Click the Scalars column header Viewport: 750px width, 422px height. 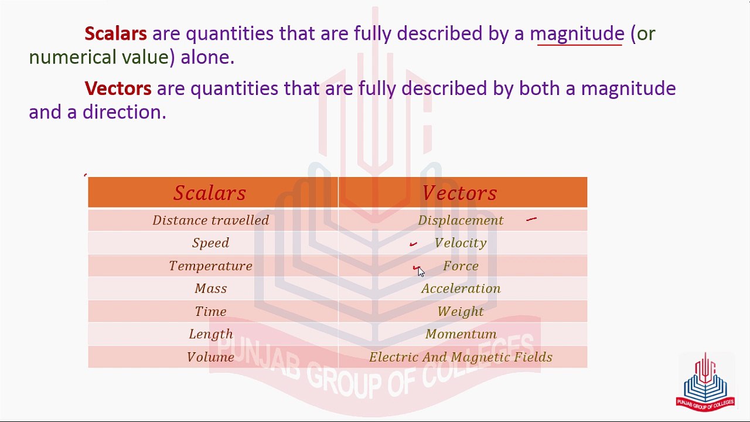point(210,193)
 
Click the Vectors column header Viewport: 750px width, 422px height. point(459,193)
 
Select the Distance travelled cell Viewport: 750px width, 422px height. point(211,220)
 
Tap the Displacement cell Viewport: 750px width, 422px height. point(461,220)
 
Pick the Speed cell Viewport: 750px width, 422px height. point(211,243)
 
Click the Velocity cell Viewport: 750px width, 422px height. point(461,243)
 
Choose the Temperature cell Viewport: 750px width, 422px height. point(211,266)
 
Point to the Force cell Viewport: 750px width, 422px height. point(461,266)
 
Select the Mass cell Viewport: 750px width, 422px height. point(211,288)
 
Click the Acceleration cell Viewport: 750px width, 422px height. point(461,288)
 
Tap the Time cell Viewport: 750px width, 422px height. point(211,311)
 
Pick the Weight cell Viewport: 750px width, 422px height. point(461,311)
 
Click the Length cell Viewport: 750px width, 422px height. point(211,334)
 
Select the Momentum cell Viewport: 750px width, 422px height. point(461,334)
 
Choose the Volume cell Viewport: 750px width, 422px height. point(211,357)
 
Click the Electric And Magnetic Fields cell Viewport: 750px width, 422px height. point(461,357)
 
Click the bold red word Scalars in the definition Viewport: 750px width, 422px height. point(115,33)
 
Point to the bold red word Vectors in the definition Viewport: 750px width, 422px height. point(118,89)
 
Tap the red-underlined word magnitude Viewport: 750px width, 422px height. point(577,34)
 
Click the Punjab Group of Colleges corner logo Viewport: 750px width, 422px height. point(705,382)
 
